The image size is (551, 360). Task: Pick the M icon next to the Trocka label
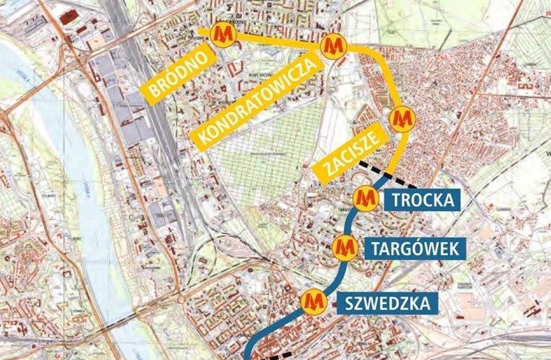(365, 197)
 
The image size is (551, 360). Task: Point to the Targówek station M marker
(346, 245)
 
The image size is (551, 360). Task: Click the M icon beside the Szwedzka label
(313, 301)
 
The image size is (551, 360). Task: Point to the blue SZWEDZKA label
(386, 304)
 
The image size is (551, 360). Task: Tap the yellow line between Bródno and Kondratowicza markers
(276, 38)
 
